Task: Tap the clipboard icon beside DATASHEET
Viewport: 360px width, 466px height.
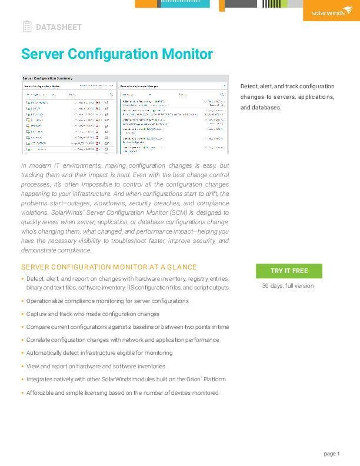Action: [x=27, y=26]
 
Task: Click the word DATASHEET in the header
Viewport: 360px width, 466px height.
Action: [x=59, y=27]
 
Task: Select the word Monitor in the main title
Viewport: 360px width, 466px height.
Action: [x=185, y=54]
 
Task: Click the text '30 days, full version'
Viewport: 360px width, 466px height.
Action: [x=288, y=286]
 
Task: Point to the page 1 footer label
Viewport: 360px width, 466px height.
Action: [x=332, y=453]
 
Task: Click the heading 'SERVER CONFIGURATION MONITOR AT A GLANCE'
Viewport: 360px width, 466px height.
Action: [x=109, y=267]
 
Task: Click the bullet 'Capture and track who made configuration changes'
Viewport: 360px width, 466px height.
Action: [x=93, y=314]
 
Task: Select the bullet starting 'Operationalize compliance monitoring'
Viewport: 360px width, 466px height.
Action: [x=108, y=301]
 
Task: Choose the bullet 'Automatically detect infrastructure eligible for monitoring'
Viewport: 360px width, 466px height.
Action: [x=99, y=353]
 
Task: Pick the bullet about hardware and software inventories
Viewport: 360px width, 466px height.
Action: [x=96, y=366]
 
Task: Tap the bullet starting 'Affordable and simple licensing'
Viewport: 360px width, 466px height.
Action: [x=122, y=392]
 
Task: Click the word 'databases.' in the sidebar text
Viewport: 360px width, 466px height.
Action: [x=261, y=108]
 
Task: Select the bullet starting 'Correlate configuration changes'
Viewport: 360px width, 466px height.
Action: [x=122, y=340]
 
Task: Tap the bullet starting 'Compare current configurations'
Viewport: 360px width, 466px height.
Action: [x=128, y=327]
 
